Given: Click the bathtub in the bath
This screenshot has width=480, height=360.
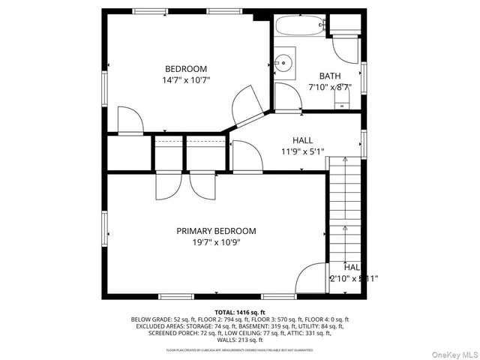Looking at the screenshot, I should click(300, 25).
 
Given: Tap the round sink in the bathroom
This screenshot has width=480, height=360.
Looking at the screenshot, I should click(283, 63).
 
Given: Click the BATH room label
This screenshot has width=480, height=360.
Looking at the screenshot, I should click(330, 76).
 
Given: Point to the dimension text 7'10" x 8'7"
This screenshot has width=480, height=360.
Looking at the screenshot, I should click(330, 87).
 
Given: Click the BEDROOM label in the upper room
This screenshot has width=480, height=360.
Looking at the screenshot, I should click(186, 69).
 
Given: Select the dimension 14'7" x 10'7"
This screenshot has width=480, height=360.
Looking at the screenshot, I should click(186, 80).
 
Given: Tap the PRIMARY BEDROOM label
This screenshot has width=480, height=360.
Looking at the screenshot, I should click(216, 231).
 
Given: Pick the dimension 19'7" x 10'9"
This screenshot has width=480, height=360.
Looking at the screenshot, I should click(216, 242).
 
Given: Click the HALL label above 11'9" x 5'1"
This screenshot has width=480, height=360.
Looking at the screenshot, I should click(302, 140).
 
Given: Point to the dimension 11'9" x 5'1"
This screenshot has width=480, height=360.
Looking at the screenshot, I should click(302, 151).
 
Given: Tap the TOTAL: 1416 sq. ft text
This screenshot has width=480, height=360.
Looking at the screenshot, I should click(240, 310).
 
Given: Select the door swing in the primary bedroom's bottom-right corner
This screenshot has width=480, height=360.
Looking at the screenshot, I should click(310, 280).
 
